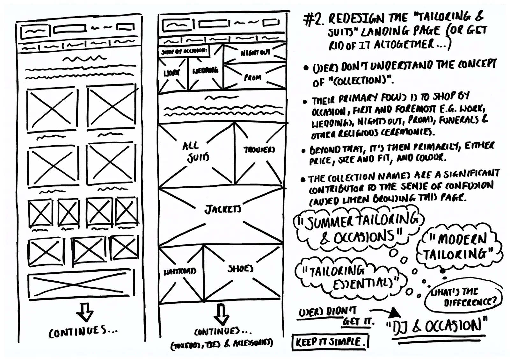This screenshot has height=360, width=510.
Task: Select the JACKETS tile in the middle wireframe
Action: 222,209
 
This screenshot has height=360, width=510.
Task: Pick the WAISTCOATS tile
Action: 180,271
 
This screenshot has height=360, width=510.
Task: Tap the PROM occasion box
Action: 253,77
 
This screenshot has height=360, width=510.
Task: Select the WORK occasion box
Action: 172,73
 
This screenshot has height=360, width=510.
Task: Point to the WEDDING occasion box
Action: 205,71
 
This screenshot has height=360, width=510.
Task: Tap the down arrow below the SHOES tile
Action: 221,314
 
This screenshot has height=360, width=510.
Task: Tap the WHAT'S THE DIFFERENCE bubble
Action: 463,297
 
